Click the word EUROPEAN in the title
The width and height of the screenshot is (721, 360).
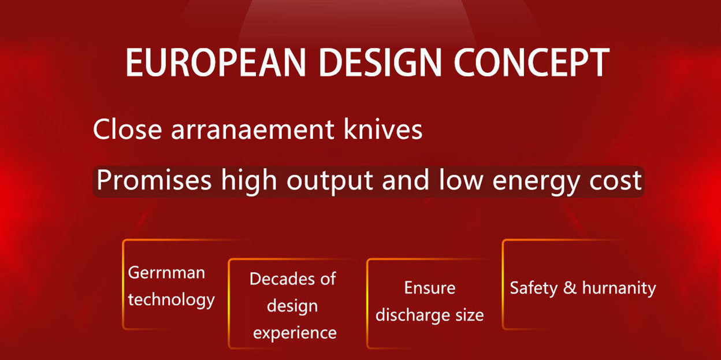pos(215,62)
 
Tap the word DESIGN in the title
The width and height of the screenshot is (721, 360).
pos(380,62)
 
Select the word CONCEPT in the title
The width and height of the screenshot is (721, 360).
pos(532,62)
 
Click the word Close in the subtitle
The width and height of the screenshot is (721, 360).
pos(128,129)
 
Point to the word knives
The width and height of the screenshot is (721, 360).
pos(382,129)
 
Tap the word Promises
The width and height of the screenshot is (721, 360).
pos(154,180)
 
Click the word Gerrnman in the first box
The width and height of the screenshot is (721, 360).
pos(166,273)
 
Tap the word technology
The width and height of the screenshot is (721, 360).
pos(171,300)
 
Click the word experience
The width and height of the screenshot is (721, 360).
pos(295,333)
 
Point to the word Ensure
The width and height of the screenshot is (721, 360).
pos(430,288)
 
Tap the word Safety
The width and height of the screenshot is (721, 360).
pos(534,288)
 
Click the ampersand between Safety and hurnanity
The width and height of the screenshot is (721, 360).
pos(570,288)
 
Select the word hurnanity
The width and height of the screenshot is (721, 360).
pos(619,288)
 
